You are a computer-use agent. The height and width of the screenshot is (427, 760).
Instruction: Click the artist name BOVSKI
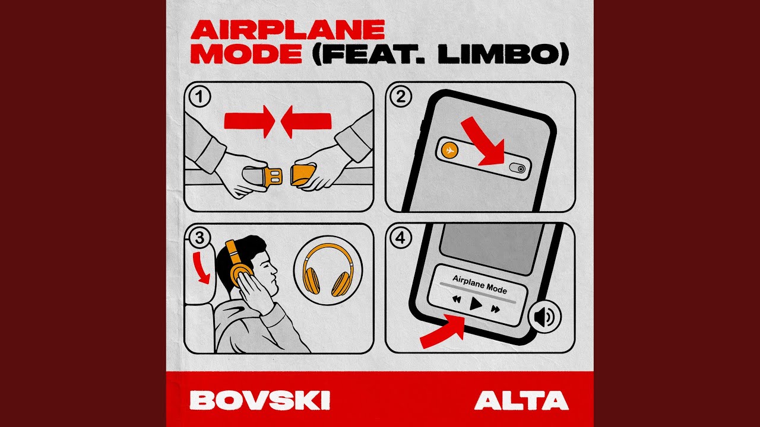tap(260, 400)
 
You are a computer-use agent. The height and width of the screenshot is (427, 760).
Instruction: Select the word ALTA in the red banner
tap(521, 400)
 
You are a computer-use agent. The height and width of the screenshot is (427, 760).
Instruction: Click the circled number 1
tap(199, 97)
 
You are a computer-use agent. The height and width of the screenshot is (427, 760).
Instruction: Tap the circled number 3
tap(199, 238)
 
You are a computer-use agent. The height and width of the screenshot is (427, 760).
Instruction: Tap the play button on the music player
tap(476, 305)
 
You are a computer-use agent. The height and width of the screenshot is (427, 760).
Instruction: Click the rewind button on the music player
tap(456, 300)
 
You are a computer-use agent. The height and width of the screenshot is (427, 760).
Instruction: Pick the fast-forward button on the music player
tap(495, 308)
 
